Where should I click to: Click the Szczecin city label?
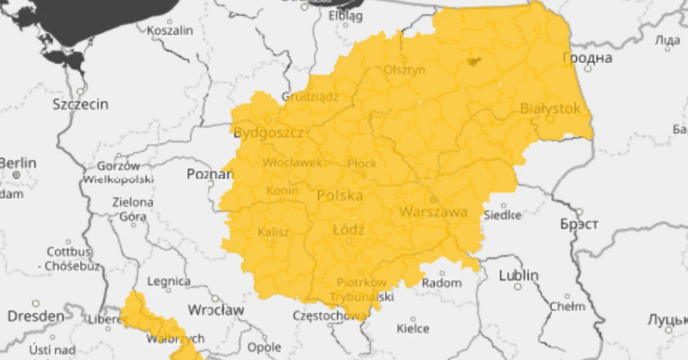[x=80, y=104]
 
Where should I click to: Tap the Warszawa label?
[x=433, y=212]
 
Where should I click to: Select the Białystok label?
[x=550, y=108]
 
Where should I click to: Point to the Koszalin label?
[x=170, y=30]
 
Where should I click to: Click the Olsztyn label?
[x=405, y=69]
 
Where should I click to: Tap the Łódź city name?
[x=349, y=229]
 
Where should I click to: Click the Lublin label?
[x=518, y=275]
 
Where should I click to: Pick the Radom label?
[x=441, y=283]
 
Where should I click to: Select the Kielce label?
[x=413, y=328]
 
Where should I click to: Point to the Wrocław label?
[x=216, y=310]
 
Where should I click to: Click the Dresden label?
[x=36, y=316]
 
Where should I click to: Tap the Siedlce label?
[x=503, y=216]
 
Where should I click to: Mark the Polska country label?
[x=340, y=195]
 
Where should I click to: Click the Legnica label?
[x=169, y=281]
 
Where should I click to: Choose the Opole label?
[x=264, y=347]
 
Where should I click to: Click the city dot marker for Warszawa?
[x=434, y=199]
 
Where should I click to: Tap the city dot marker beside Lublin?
[x=518, y=286]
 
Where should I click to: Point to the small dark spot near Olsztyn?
[x=474, y=61]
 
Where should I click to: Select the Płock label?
[x=362, y=164]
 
